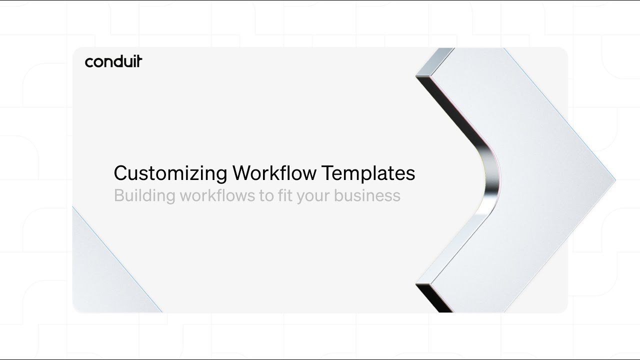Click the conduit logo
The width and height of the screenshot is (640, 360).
click(113, 61)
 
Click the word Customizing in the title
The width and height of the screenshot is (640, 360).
click(170, 173)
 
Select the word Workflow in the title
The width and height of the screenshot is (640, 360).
click(274, 173)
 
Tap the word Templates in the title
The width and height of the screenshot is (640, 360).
click(368, 173)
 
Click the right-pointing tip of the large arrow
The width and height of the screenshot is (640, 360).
click(613, 179)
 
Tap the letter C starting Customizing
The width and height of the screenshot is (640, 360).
click(121, 173)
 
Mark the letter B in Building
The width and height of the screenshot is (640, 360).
click(119, 195)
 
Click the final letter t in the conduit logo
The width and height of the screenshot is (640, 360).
click(139, 61)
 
